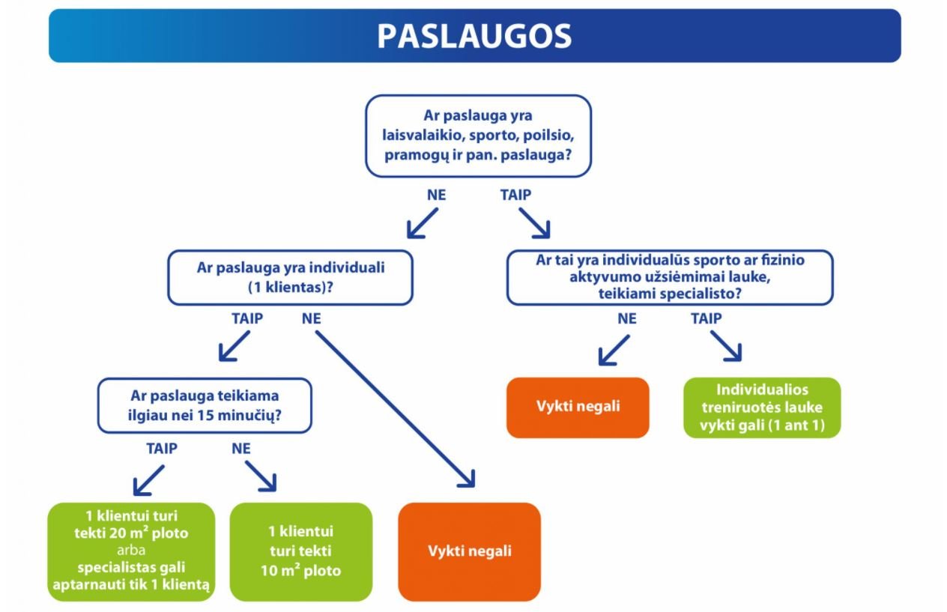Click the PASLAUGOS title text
(x=474, y=37)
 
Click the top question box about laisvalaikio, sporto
(x=478, y=136)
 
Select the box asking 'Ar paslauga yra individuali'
(x=291, y=278)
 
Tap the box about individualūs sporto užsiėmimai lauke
(x=670, y=277)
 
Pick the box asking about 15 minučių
(x=205, y=405)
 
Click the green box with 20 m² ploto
(x=131, y=551)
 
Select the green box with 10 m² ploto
(x=301, y=551)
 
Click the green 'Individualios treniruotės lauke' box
(x=762, y=408)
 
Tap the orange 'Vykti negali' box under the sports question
(x=578, y=408)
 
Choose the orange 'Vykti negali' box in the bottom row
(x=469, y=551)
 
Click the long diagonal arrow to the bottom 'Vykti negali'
(x=396, y=409)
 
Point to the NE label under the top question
(x=436, y=195)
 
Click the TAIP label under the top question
(x=515, y=195)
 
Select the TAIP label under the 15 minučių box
(x=162, y=449)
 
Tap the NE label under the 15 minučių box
(x=241, y=449)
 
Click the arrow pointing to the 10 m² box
(x=261, y=476)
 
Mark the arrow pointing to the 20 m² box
(x=148, y=480)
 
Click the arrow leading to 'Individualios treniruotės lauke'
(x=726, y=346)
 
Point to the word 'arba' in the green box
(x=131, y=551)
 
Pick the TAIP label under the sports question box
(x=706, y=318)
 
